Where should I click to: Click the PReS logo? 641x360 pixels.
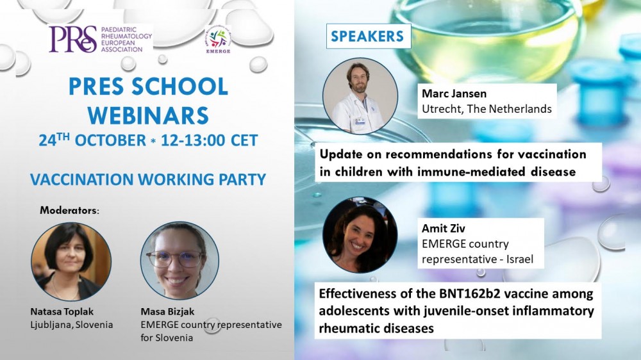[100, 39]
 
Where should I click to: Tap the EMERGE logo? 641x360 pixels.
[218, 40]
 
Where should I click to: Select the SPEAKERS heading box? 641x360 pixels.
[369, 36]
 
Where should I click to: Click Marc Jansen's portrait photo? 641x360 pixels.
[360, 96]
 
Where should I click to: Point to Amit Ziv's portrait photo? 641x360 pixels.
[360, 234]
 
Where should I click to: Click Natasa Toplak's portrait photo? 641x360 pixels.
[71, 261]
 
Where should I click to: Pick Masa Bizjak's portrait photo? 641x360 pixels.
[180, 261]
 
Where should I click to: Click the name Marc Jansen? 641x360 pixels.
[454, 94]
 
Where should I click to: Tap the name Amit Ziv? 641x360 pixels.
[443, 228]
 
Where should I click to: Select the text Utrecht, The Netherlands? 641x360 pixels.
[487, 109]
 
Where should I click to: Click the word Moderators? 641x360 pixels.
[69, 211]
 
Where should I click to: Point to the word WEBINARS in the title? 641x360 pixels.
[149, 115]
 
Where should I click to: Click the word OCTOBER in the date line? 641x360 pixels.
[110, 140]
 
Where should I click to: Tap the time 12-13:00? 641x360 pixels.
[193, 140]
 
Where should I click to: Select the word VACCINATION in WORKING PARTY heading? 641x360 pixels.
[82, 179]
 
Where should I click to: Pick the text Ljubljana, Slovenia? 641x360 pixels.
[72, 325]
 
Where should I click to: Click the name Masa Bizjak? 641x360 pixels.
[167, 312]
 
